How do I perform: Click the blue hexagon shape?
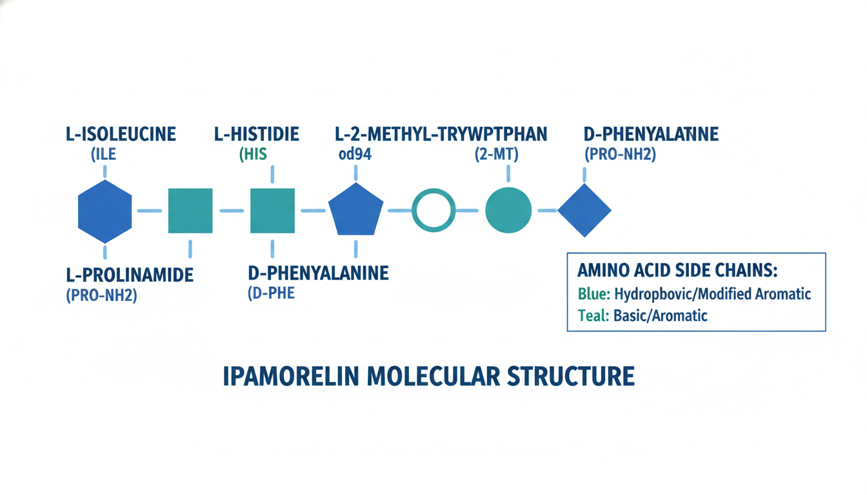click(x=105, y=211)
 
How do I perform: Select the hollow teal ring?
click(x=433, y=210)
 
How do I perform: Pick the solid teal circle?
click(x=508, y=210)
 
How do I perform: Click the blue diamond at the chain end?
click(x=584, y=210)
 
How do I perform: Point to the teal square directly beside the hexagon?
click(x=190, y=211)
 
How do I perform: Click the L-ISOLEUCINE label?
click(x=121, y=134)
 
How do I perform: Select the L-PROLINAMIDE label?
click(x=130, y=275)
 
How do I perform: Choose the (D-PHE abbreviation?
click(x=271, y=294)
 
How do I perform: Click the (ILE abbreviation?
click(x=104, y=154)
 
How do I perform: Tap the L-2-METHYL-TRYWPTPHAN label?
click(x=441, y=134)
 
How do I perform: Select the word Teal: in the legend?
click(x=592, y=316)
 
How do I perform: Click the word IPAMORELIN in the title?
click(x=290, y=376)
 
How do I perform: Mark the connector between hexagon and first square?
click(x=150, y=211)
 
